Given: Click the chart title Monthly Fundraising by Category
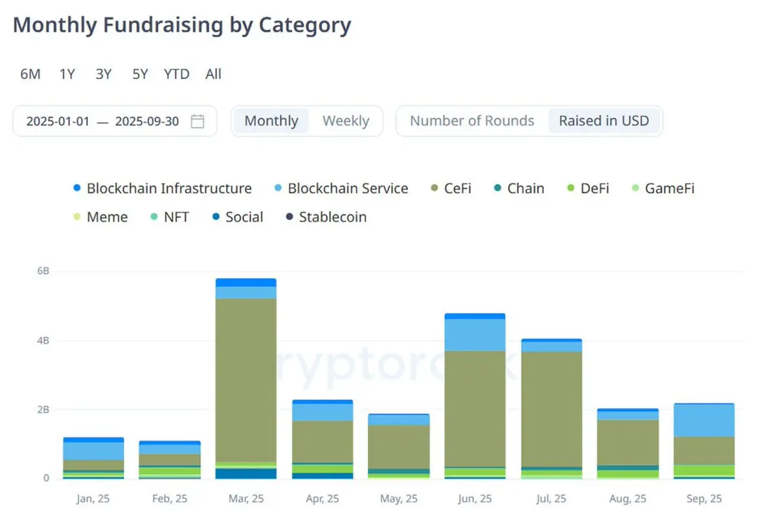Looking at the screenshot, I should tap(182, 25).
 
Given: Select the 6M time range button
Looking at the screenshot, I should tap(30, 74).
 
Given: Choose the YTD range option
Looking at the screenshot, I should tap(176, 74).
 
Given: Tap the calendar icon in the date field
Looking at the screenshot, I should tap(197, 121).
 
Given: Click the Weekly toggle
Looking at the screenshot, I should tap(346, 121).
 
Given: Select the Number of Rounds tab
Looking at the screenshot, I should tap(472, 121).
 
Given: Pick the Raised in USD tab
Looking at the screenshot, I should tap(603, 121).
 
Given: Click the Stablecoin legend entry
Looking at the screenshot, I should tap(332, 217).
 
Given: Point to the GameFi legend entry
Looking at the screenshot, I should tap(670, 189).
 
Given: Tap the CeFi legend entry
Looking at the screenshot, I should tap(457, 189).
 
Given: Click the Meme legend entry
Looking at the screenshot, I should tap(107, 217).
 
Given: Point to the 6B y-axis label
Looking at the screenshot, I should tap(43, 271).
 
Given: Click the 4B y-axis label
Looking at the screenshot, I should tap(43, 340).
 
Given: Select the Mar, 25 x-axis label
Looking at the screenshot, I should tap(245, 499).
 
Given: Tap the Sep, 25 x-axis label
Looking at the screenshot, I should tap(704, 499).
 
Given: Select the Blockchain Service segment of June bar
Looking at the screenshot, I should tap(475, 334).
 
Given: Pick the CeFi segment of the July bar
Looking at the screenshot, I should tap(551, 408).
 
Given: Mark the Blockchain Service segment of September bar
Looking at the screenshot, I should tap(704, 420).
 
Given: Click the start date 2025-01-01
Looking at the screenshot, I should tap(58, 121).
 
